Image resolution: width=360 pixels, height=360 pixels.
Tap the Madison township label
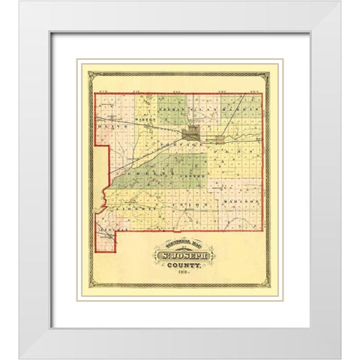[x=241, y=202]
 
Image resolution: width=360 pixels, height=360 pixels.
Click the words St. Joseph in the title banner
[x=184, y=260]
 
